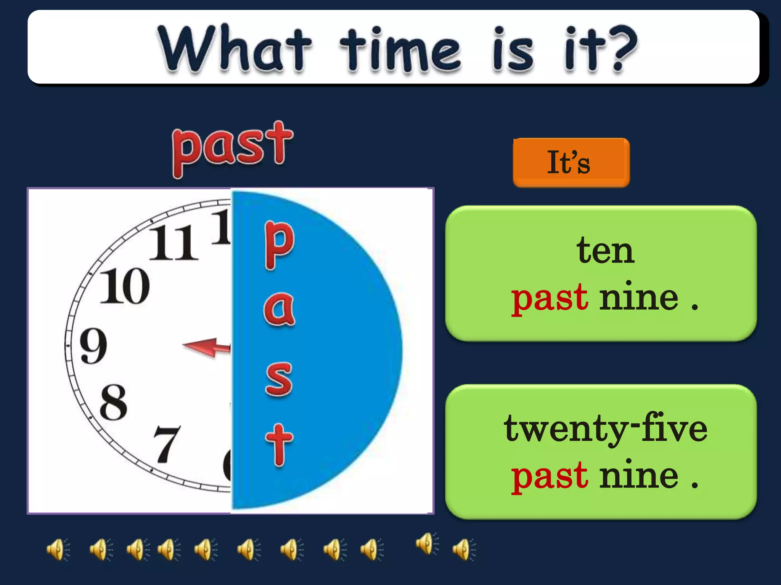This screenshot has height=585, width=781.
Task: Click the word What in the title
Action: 235,49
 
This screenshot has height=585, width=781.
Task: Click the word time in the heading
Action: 400,50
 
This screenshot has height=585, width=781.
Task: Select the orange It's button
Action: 571,163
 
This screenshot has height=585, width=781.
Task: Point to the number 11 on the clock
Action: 174,244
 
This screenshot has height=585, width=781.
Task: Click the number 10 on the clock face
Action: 125,286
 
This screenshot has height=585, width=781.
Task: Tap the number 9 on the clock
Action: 93,346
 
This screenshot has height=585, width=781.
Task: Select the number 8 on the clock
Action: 113,403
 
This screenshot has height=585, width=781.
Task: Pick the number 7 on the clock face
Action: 166,444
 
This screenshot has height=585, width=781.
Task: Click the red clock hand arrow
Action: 206,347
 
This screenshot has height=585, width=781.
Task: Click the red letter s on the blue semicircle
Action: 279,379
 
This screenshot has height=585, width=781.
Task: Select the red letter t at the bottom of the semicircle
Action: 279,445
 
